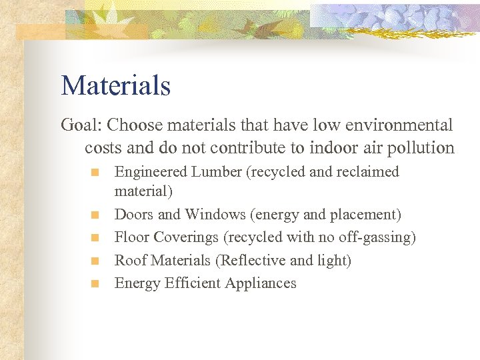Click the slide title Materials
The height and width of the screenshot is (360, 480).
(x=116, y=86)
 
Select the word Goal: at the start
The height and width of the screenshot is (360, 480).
(x=81, y=125)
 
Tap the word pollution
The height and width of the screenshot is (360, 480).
(x=419, y=148)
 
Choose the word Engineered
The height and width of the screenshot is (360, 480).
(x=151, y=172)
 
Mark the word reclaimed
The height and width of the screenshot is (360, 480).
(x=367, y=172)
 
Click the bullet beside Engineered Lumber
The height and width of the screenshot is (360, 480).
(x=95, y=173)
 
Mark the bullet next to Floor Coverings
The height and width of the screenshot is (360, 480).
(x=95, y=238)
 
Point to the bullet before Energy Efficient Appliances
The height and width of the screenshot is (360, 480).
(x=95, y=284)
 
